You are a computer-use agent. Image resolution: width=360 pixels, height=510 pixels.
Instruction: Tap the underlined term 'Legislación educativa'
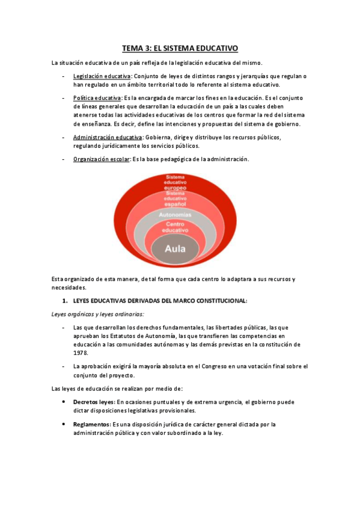click(102, 76)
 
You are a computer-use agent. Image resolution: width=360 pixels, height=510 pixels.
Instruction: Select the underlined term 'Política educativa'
click(96, 97)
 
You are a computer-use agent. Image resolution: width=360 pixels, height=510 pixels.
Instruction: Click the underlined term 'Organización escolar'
click(101, 159)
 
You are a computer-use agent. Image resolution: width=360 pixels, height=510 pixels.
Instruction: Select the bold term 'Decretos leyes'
click(93, 402)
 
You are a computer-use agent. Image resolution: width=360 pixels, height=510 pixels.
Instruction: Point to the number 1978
click(80, 353)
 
